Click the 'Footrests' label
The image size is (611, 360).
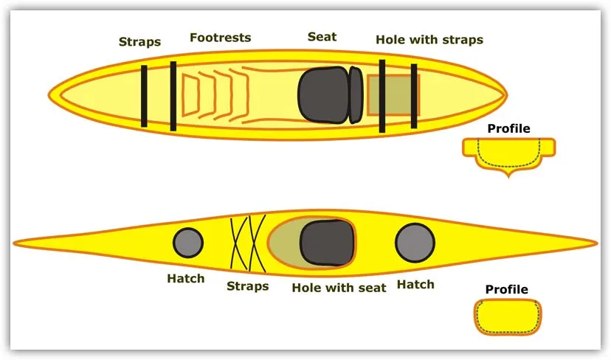[220, 37]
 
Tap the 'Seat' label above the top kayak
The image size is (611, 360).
[322, 36]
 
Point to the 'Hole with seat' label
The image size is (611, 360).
[339, 287]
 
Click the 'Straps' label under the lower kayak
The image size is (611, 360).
[247, 285]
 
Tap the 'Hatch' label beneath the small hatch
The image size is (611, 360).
[185, 279]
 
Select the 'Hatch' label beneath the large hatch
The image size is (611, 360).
[415, 284]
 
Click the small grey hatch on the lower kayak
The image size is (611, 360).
[187, 243]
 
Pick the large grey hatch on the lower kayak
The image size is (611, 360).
[414, 243]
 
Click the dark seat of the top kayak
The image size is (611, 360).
[325, 95]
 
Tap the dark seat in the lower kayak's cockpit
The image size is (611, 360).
[328, 243]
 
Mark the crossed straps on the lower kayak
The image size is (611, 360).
[247, 243]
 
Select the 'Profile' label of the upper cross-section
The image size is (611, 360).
[508, 128]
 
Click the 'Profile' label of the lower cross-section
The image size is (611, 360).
[506, 289]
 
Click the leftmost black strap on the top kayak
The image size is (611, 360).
[145, 96]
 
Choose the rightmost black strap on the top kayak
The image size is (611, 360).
[414, 96]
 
